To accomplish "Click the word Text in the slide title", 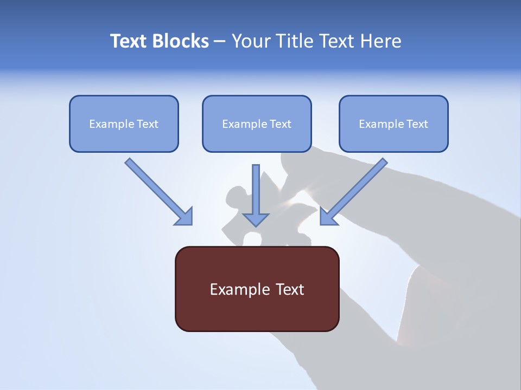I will [128, 41].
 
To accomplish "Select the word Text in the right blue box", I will [417, 124].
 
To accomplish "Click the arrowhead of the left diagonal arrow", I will [184, 216].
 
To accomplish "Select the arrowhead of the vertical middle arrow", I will [256, 219].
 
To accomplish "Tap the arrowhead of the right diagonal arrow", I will [328, 216].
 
